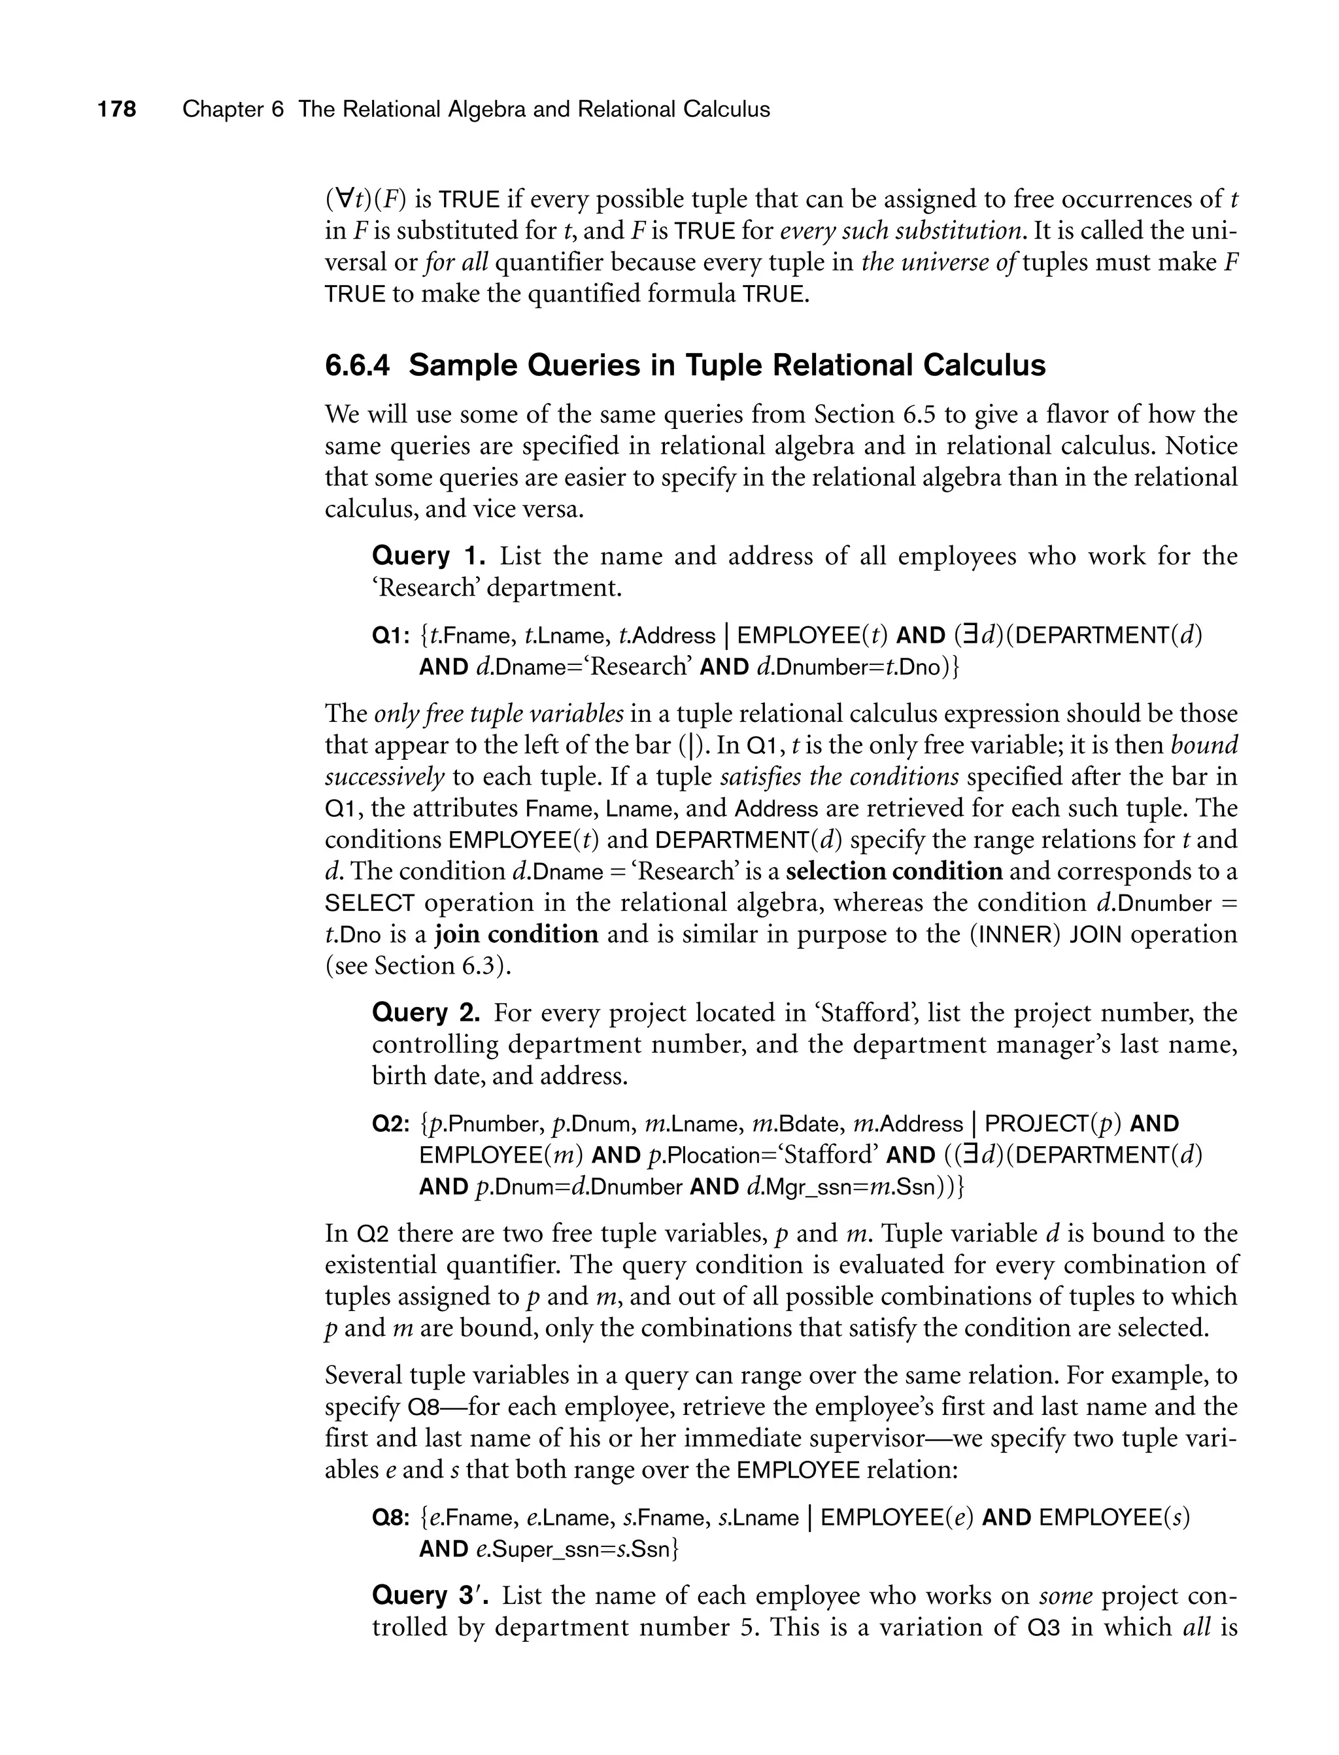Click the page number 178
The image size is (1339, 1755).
(x=117, y=109)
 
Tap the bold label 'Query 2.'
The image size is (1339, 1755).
(x=426, y=1013)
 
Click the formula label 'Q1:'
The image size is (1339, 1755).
(x=390, y=636)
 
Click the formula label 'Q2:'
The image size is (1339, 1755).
(x=390, y=1125)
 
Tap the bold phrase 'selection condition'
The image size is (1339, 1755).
(x=894, y=871)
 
